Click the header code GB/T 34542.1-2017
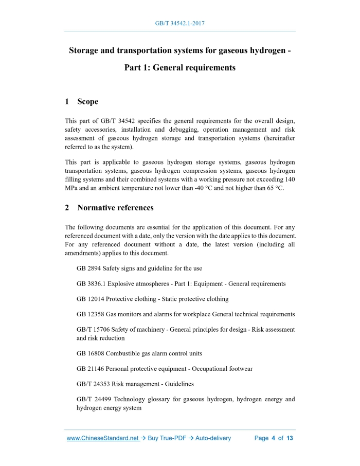(180, 24)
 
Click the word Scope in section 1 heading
(87, 102)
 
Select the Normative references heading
(115, 208)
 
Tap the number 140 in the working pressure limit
(290, 179)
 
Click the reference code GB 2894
(88, 268)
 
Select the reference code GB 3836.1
(92, 284)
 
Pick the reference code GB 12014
(90, 299)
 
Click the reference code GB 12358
(90, 314)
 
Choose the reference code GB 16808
(90, 353)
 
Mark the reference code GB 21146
(90, 369)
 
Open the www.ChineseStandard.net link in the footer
(103, 438)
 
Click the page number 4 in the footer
(274, 438)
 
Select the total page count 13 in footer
(290, 438)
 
